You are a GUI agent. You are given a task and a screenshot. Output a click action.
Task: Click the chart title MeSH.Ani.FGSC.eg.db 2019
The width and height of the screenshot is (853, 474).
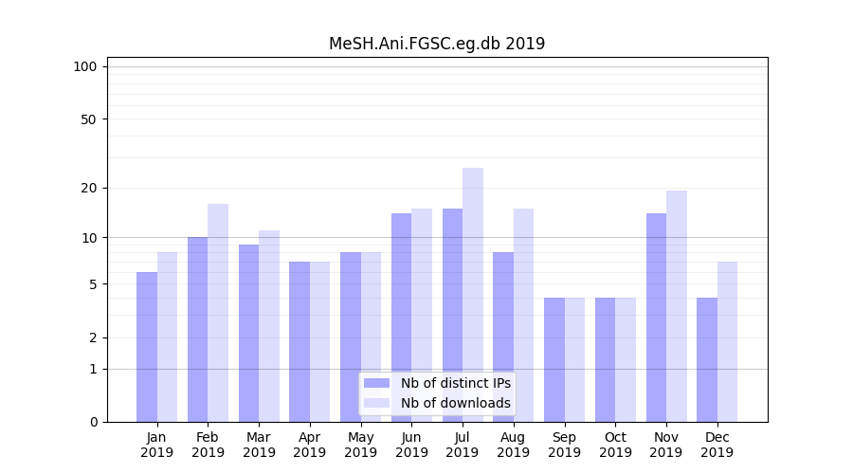437,44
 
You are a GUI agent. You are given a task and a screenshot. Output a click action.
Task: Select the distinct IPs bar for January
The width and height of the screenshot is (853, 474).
147,347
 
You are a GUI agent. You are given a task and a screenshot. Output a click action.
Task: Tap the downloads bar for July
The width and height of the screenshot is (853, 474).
473,295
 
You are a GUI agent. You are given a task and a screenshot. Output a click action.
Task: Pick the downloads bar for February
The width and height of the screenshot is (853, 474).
218,313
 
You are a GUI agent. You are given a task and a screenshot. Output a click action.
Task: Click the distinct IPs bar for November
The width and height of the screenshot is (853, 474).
656,318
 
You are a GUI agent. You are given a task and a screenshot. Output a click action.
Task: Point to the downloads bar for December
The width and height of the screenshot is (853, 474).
727,341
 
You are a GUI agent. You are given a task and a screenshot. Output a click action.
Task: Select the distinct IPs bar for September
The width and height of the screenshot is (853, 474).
554,359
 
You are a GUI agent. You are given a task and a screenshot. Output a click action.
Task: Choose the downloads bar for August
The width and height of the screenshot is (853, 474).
523,315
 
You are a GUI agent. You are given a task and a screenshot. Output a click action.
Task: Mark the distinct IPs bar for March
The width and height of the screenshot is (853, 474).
248,333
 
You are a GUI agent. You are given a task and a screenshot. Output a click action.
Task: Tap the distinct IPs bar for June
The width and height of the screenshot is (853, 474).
402,318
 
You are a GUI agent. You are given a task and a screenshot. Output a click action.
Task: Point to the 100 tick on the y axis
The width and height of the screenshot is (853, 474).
85,66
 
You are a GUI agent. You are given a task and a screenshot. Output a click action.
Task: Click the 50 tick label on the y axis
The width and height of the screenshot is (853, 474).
88,119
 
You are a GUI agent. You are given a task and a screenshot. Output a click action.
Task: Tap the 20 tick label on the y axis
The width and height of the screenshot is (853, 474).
88,188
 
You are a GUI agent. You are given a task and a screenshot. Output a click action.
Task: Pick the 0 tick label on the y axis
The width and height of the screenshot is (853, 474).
93,422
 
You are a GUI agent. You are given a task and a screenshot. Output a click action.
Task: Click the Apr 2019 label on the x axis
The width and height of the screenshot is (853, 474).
310,445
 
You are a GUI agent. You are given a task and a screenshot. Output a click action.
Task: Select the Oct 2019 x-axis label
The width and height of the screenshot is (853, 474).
615,445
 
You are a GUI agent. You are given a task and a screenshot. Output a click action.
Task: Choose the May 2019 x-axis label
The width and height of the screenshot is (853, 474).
360,445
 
